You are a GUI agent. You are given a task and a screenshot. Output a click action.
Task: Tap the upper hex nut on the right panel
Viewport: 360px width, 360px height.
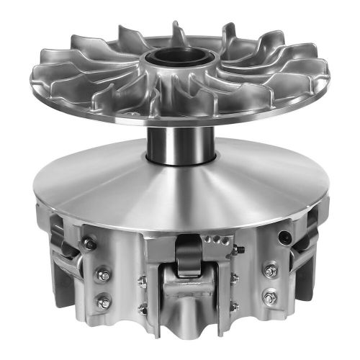pyautogui.click(x=271, y=270)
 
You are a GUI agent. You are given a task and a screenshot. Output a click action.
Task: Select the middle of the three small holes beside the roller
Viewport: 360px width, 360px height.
pyautogui.click(x=211, y=240)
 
